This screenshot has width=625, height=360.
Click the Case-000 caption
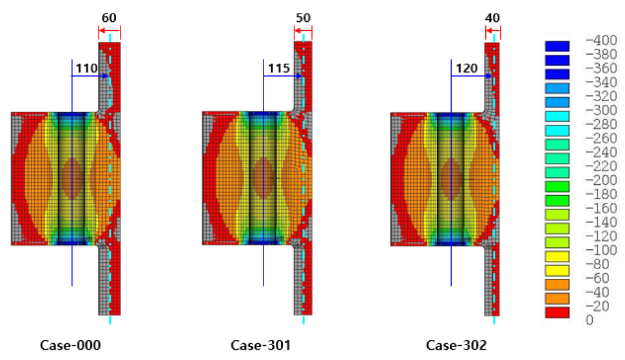pos(70,345)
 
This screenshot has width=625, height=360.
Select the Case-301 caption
pos(261,345)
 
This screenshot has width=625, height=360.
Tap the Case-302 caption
pos(456,345)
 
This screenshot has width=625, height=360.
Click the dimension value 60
pos(109,18)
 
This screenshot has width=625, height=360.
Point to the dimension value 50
pos(303,18)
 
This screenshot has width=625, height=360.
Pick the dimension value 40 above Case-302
pos(492,18)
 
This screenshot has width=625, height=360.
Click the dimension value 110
pos(86,68)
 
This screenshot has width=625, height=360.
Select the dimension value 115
pos(278,68)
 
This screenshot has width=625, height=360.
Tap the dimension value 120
pos(466,68)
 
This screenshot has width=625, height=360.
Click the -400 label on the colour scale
pos(601,40)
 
